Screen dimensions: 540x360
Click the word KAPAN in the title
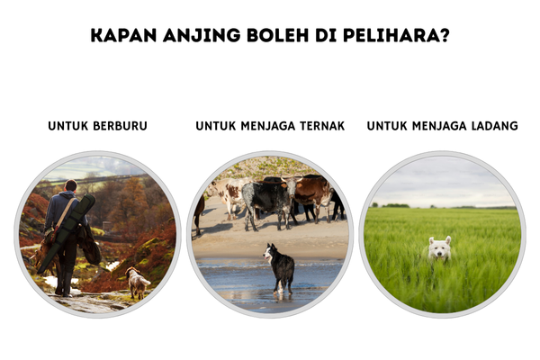pos(123,35)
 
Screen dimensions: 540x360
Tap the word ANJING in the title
pos(202,35)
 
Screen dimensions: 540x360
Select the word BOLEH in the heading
pos(278,35)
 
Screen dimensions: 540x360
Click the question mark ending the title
pos(445,35)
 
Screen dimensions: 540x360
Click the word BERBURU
pos(121,126)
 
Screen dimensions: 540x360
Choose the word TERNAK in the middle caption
pos(322,126)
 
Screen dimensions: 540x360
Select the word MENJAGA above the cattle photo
pos(268,126)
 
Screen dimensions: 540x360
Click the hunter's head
pos(71,185)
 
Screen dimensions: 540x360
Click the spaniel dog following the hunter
pos(137,283)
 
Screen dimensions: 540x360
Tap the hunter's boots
pos(65,283)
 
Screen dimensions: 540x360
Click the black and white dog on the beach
pos(281,268)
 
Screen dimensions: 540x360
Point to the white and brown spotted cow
pos(228,195)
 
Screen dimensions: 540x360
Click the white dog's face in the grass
pos(439,249)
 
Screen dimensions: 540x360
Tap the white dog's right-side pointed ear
pos(447,239)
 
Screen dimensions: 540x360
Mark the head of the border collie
pos(270,252)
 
